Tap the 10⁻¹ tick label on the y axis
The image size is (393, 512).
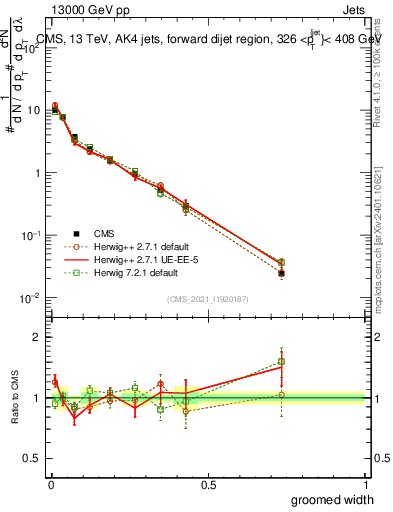(32, 235)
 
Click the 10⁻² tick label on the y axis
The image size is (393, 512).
(32, 298)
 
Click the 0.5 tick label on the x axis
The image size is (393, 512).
(207, 485)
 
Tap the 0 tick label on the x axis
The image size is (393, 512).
(49, 485)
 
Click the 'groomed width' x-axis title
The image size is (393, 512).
(334, 499)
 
